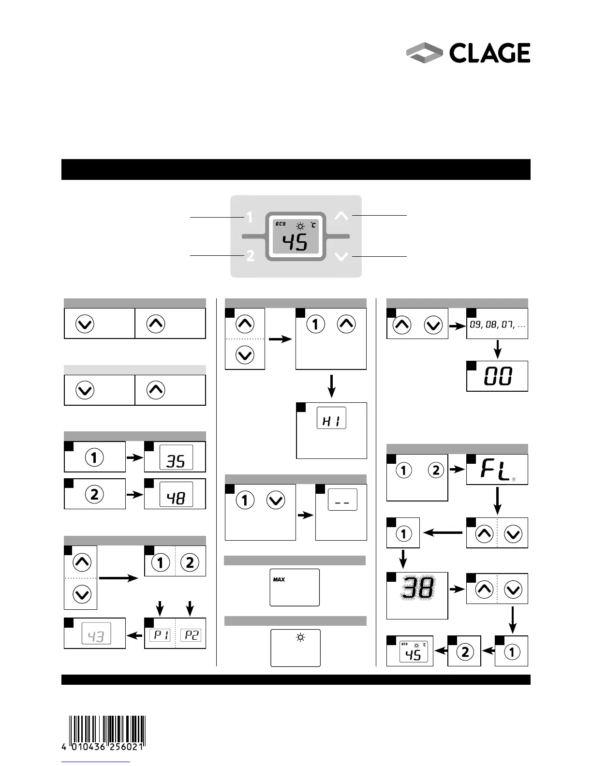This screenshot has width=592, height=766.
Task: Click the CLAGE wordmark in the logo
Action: [x=489, y=53]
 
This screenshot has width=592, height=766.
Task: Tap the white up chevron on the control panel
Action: [x=341, y=216]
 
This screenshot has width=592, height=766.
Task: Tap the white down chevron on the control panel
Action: [x=341, y=256]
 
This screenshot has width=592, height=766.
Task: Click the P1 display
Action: [x=160, y=635]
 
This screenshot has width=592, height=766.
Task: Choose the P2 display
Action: [x=192, y=635]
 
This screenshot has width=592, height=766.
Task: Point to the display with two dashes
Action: [x=342, y=501]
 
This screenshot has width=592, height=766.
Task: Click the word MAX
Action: [x=279, y=579]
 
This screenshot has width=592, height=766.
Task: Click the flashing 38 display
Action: [x=417, y=589]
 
